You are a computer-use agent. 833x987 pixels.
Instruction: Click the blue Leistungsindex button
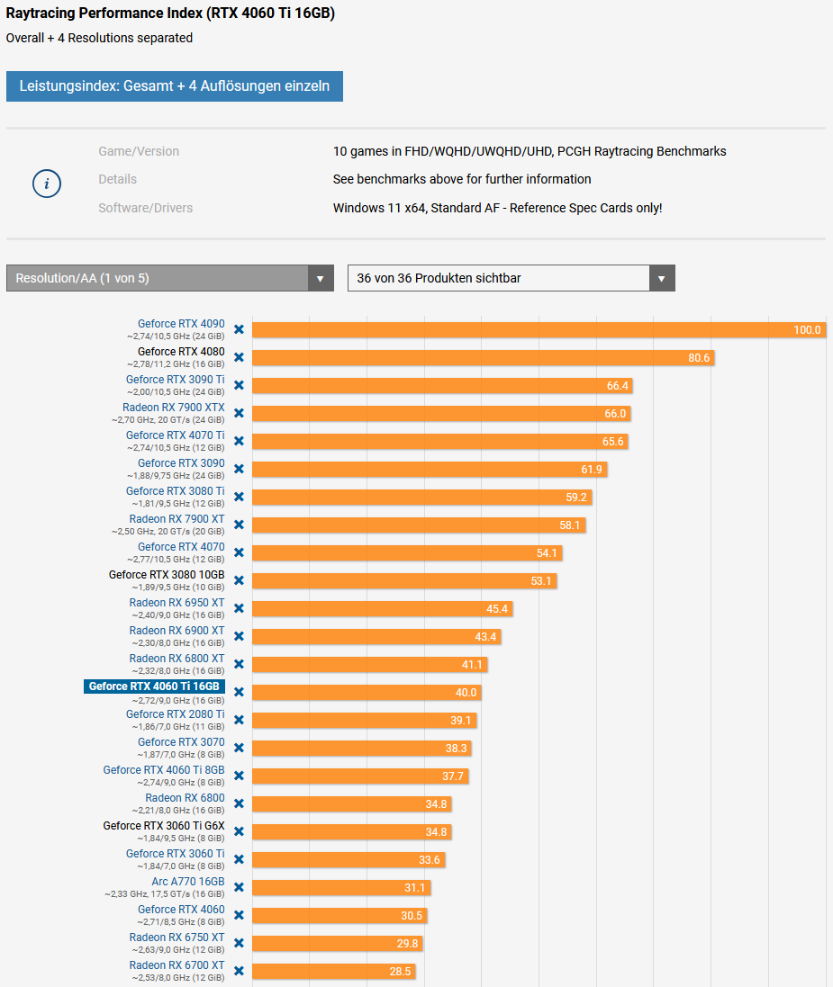175,86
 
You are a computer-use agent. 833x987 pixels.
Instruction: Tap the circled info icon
47,184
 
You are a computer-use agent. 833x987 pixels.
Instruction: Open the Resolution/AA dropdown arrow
320,278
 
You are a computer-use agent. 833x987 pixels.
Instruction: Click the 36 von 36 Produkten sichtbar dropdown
511,278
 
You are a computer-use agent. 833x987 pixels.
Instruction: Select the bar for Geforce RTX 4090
539,330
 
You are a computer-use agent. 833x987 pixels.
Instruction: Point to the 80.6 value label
699,358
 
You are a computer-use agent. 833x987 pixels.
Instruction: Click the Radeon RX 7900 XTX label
173,408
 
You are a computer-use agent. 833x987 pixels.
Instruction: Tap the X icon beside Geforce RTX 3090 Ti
239,385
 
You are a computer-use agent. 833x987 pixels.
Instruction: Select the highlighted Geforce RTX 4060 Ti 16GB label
154,686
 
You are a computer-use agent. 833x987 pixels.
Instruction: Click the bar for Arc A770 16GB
341,887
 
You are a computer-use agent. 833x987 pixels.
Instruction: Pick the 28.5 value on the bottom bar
400,972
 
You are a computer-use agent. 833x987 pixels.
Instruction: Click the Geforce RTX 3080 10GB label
167,575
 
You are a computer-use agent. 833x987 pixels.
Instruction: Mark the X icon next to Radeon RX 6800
239,803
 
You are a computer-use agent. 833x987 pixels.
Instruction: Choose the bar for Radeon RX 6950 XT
382,609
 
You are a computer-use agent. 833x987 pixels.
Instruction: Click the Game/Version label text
139,151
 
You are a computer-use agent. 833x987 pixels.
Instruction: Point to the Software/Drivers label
146,208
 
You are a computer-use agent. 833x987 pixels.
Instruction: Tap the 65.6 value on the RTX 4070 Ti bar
612,442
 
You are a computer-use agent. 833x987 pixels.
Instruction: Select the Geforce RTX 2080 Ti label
176,713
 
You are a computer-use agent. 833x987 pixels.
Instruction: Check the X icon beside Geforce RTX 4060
239,915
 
